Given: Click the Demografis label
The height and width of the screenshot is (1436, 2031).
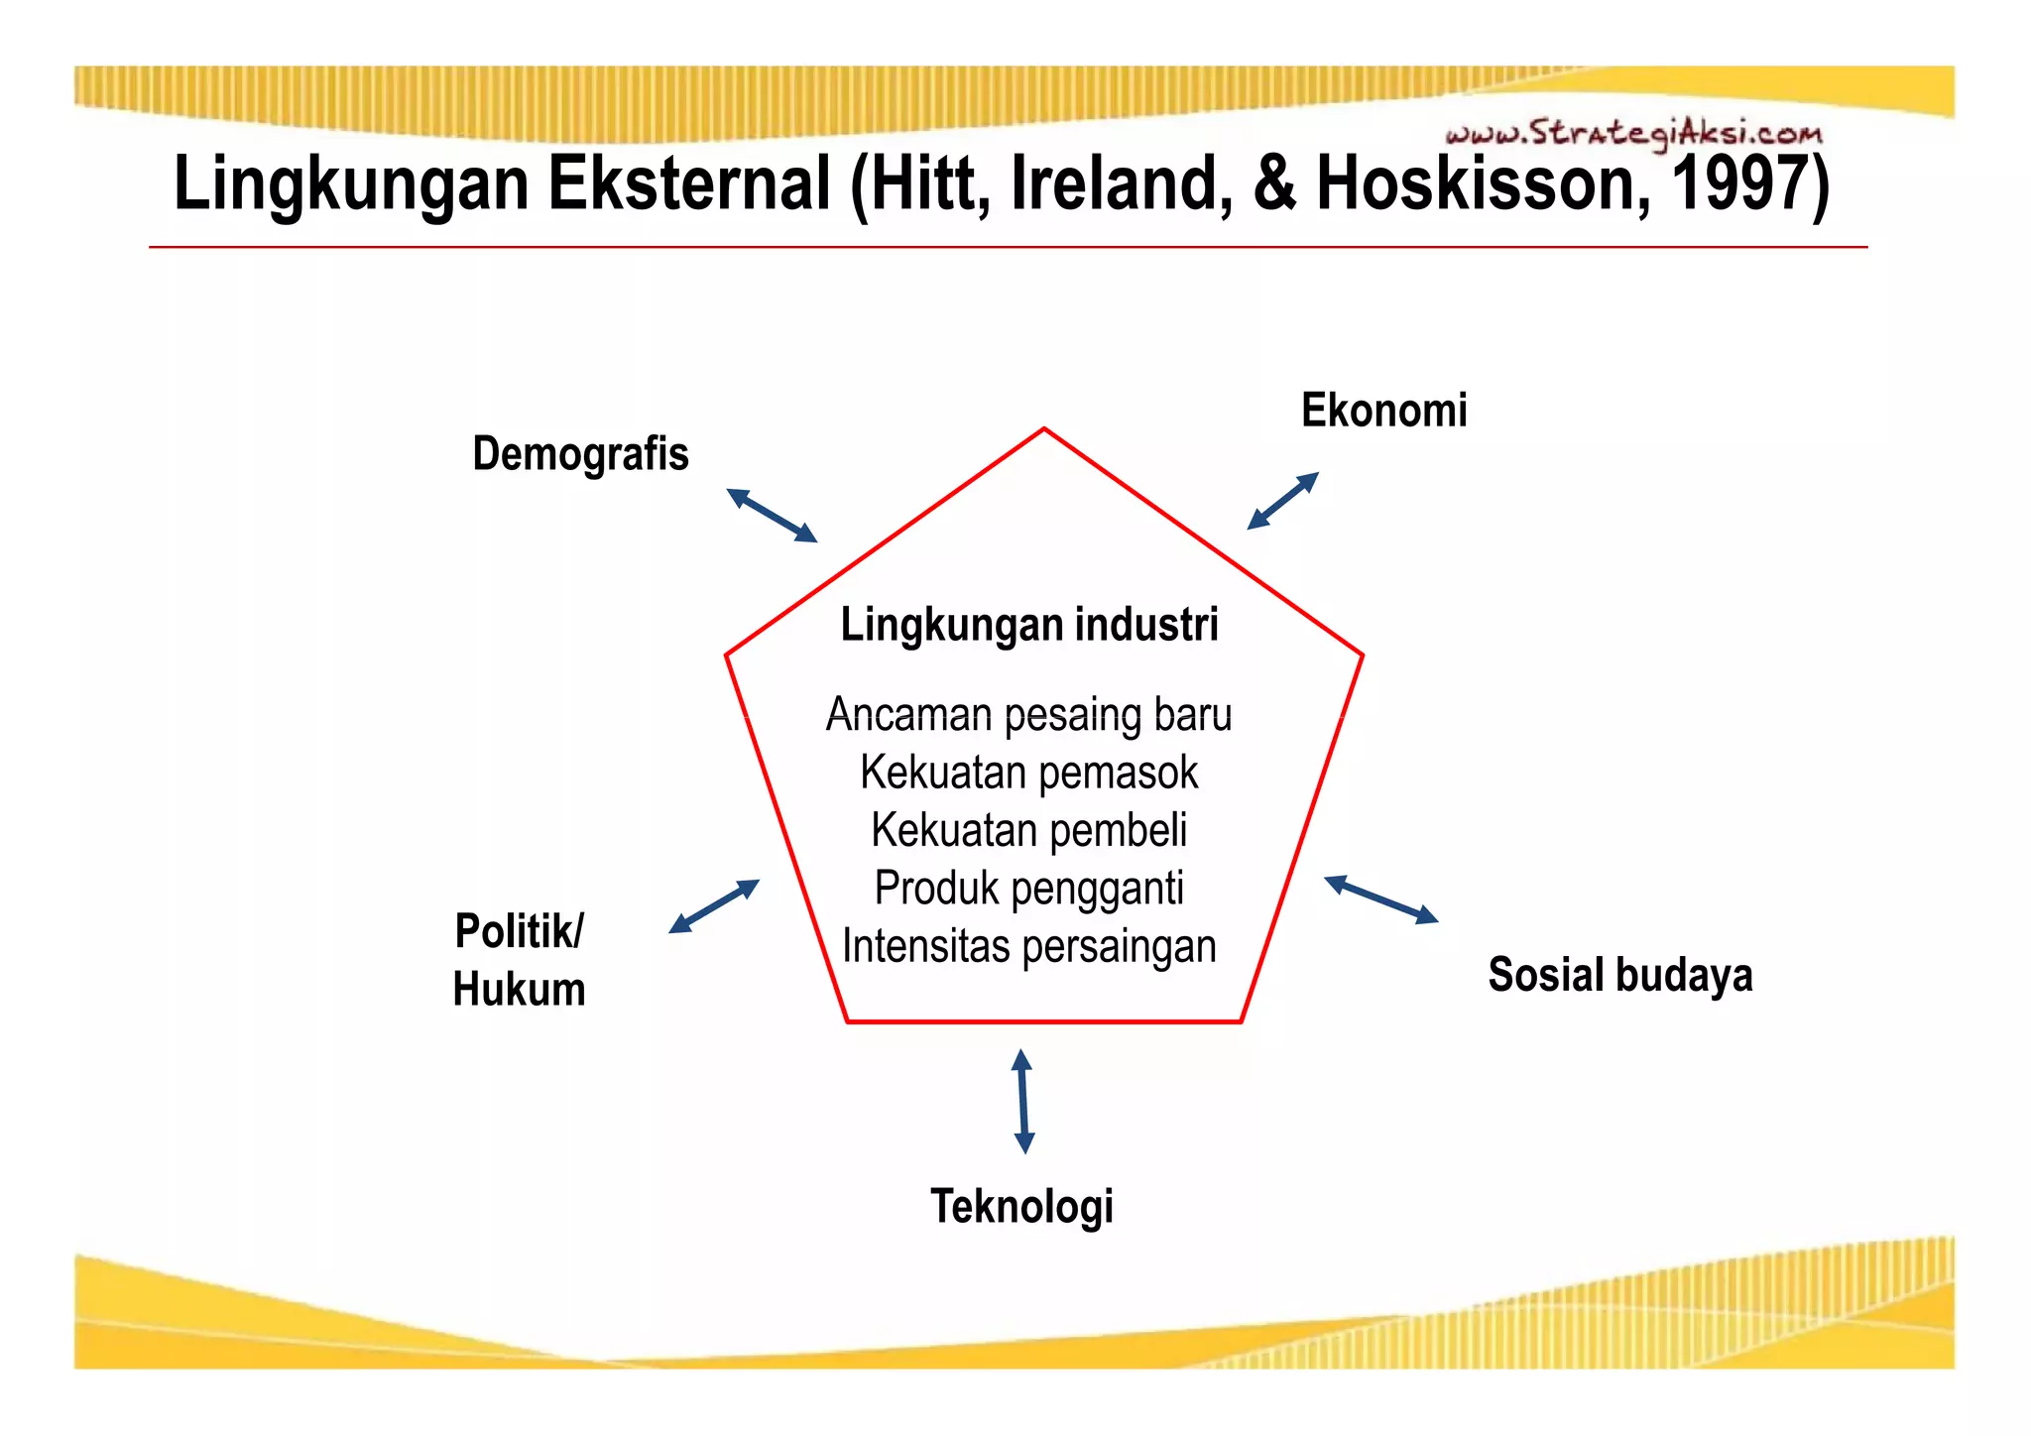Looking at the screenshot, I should pos(580,454).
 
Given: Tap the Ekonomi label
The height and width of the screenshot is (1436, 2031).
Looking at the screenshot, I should pos(1383,410).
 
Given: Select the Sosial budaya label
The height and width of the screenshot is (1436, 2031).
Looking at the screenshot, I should pos(1619,974).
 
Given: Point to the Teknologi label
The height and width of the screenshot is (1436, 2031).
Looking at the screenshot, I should pos(1021,1206).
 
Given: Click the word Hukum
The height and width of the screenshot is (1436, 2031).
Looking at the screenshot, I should pos(519,990).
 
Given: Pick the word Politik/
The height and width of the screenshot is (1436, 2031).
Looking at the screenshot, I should pos(519,931).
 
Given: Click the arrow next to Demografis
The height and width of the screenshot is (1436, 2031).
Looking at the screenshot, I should pos(772,515).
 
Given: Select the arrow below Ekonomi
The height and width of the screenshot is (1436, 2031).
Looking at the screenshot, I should pos(1282,501).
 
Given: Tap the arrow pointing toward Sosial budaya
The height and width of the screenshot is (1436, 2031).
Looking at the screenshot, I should pos(1380,899).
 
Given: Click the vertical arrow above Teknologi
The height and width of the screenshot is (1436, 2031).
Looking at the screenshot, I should pos(1023,1101).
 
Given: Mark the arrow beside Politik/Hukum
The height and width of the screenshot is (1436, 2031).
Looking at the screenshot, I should pos(714,906).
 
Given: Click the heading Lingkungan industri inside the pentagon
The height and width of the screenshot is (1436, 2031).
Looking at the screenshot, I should pos(1028,625).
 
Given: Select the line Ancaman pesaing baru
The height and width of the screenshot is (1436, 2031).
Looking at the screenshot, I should pos(1028,715).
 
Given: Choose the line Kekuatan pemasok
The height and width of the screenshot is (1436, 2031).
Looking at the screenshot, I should pos(1028,773).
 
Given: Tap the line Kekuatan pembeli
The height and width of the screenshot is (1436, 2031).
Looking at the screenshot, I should pos(1028,830).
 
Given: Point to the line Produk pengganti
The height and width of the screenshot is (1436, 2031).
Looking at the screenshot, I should pos(1028,889).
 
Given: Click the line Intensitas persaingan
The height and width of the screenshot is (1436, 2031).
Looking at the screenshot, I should pos(1028,946).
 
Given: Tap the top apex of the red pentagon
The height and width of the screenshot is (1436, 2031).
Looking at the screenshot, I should pos(1044,429).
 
